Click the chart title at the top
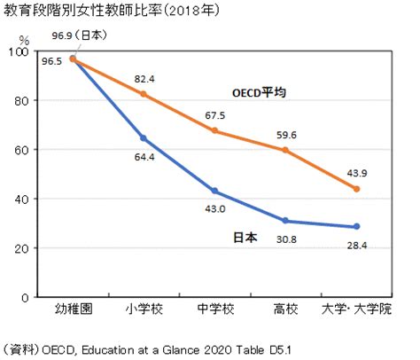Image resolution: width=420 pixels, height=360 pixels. pyautogui.click(x=112, y=11)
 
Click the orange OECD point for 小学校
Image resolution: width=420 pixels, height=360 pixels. pyautogui.click(x=144, y=94)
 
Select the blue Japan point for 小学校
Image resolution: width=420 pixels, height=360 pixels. pyautogui.click(x=144, y=138)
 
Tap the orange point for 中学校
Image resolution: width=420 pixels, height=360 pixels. pyautogui.click(x=214, y=130)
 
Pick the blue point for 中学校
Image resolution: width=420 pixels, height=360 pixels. pyautogui.click(x=214, y=191)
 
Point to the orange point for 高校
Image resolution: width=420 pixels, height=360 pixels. pyautogui.click(x=285, y=150)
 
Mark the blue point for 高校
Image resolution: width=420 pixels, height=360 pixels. pyautogui.click(x=285, y=221)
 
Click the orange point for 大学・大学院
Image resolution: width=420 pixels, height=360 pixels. pyautogui.click(x=356, y=189)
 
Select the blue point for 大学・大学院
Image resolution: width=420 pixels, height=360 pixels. pyautogui.click(x=356, y=226)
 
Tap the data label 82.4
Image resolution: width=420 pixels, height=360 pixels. pyautogui.click(x=144, y=79)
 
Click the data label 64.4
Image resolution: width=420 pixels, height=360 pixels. pyautogui.click(x=144, y=157)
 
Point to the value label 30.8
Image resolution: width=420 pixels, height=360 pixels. pyautogui.click(x=286, y=239)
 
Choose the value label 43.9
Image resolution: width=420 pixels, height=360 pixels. pyautogui.click(x=357, y=173)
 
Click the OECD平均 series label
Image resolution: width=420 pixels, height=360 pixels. pyautogui.click(x=259, y=93)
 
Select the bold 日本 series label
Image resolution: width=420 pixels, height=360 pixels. pyautogui.click(x=245, y=238)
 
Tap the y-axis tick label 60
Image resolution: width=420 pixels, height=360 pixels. pyautogui.click(x=21, y=150)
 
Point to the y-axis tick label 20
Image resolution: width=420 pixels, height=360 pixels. pyautogui.click(x=21, y=248)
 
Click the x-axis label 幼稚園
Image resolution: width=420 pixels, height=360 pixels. pyautogui.click(x=74, y=309)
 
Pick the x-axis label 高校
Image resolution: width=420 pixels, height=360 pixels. pyautogui.click(x=285, y=309)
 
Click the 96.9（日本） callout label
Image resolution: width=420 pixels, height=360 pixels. pyautogui.click(x=80, y=35)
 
